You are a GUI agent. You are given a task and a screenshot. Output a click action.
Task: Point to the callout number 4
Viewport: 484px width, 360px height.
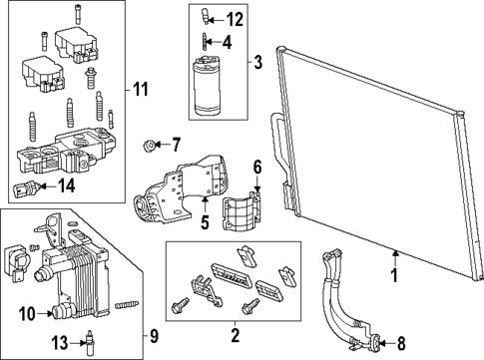coord(227,42)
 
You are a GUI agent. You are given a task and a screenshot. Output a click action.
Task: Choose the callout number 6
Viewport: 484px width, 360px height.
coord(255,167)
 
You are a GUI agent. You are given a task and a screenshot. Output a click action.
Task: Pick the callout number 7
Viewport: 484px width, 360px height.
coord(175,144)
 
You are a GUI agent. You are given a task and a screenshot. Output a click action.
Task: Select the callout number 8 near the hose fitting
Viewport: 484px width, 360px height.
coord(402,339)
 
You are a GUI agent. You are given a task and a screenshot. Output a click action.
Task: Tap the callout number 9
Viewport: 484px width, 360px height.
coord(152,335)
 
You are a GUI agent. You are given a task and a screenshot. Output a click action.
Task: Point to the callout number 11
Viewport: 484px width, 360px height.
coord(142,91)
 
